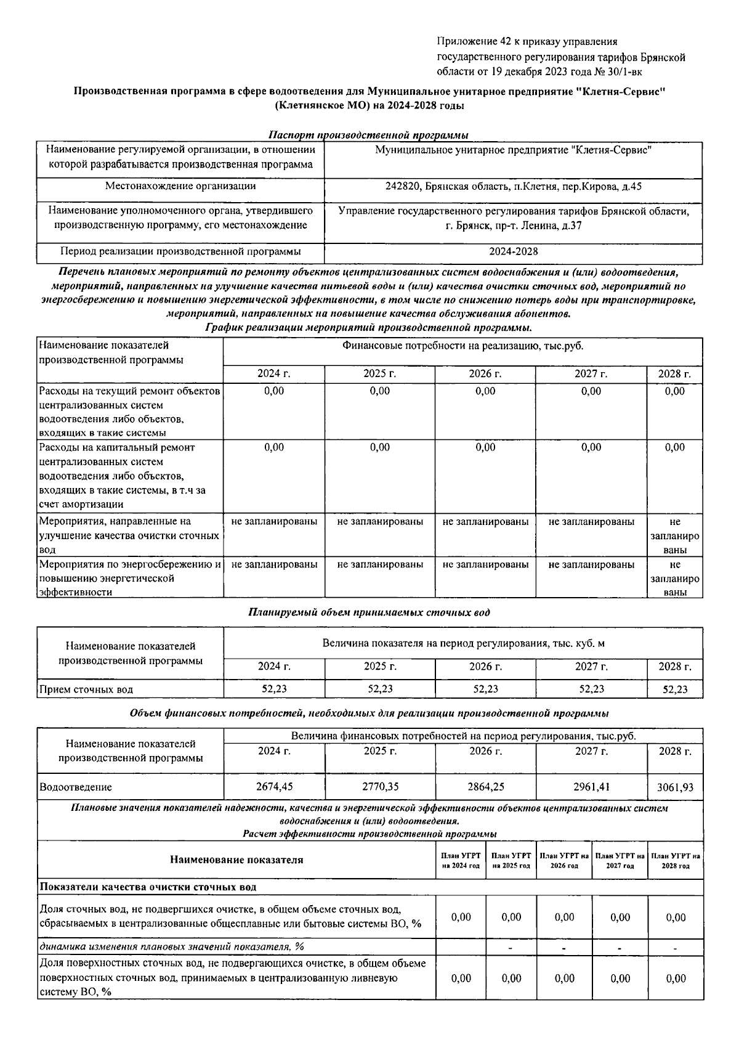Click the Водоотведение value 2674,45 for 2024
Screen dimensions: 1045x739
point(274,787)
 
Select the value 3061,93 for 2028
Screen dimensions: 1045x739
point(675,787)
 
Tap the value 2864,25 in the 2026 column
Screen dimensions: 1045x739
point(485,787)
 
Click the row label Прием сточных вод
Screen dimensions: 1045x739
point(86,689)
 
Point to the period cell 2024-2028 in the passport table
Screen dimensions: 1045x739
point(513,251)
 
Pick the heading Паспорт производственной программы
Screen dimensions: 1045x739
point(369,135)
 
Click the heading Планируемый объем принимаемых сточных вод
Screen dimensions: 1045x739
point(369,612)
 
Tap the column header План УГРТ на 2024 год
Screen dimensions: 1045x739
point(461,861)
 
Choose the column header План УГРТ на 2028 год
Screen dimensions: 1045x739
point(676,861)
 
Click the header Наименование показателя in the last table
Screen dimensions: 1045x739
point(236,860)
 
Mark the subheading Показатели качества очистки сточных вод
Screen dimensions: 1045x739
point(148,887)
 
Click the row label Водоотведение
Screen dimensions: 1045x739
point(76,787)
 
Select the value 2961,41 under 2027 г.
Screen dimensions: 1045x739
point(591,787)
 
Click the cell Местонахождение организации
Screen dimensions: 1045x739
point(180,186)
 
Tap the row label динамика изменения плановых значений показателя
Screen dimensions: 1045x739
point(172,946)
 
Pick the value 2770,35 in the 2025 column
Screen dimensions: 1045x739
point(380,787)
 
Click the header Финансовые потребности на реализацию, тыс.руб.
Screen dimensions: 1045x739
point(462,346)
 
